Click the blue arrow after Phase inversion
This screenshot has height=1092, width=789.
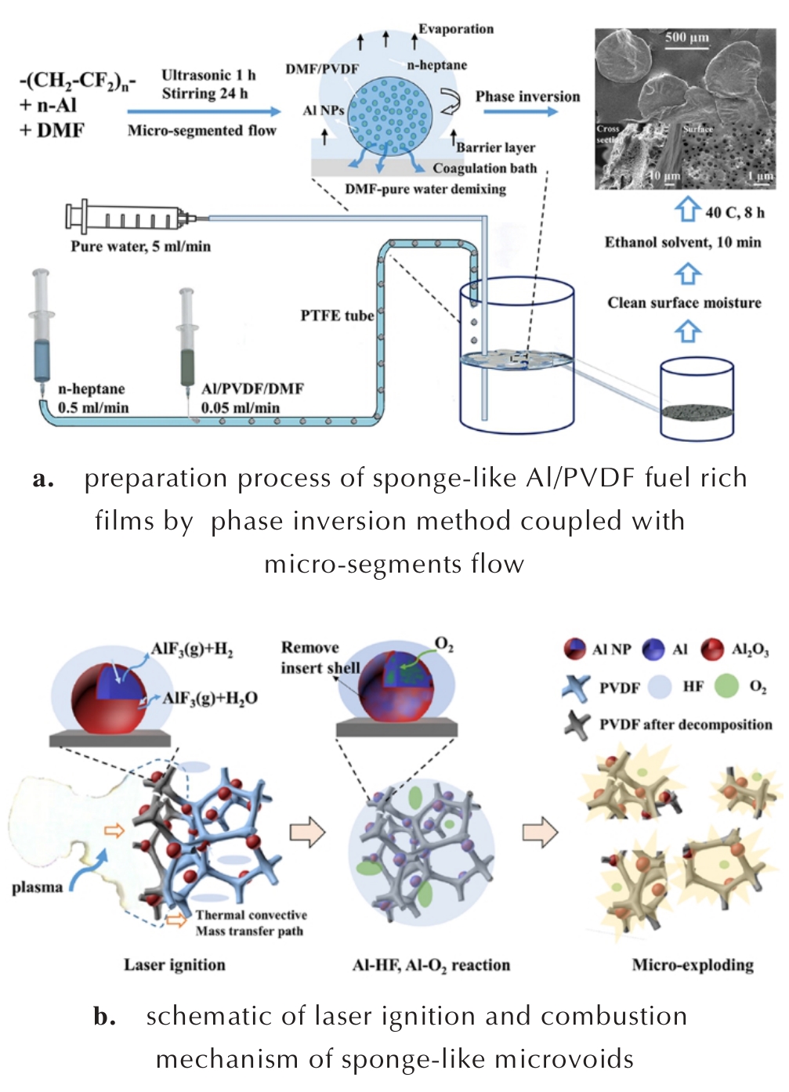[520, 111]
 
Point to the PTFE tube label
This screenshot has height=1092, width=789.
[337, 316]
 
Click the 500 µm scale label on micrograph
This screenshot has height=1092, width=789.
[686, 38]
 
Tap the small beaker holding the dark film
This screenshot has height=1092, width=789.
[697, 400]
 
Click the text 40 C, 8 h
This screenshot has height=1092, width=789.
[734, 212]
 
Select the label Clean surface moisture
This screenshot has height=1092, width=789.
[684, 303]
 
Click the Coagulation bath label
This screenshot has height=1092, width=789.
[485, 168]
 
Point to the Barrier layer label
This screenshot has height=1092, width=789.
[496, 147]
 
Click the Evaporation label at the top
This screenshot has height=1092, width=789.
[456, 29]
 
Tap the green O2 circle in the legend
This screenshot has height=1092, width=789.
[726, 687]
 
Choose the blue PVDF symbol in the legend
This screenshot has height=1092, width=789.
[576, 687]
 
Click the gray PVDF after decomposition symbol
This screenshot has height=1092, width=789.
[577, 725]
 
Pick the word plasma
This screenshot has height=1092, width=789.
[37, 888]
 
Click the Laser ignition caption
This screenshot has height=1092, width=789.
[174, 965]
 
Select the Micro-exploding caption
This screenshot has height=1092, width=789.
[693, 965]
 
